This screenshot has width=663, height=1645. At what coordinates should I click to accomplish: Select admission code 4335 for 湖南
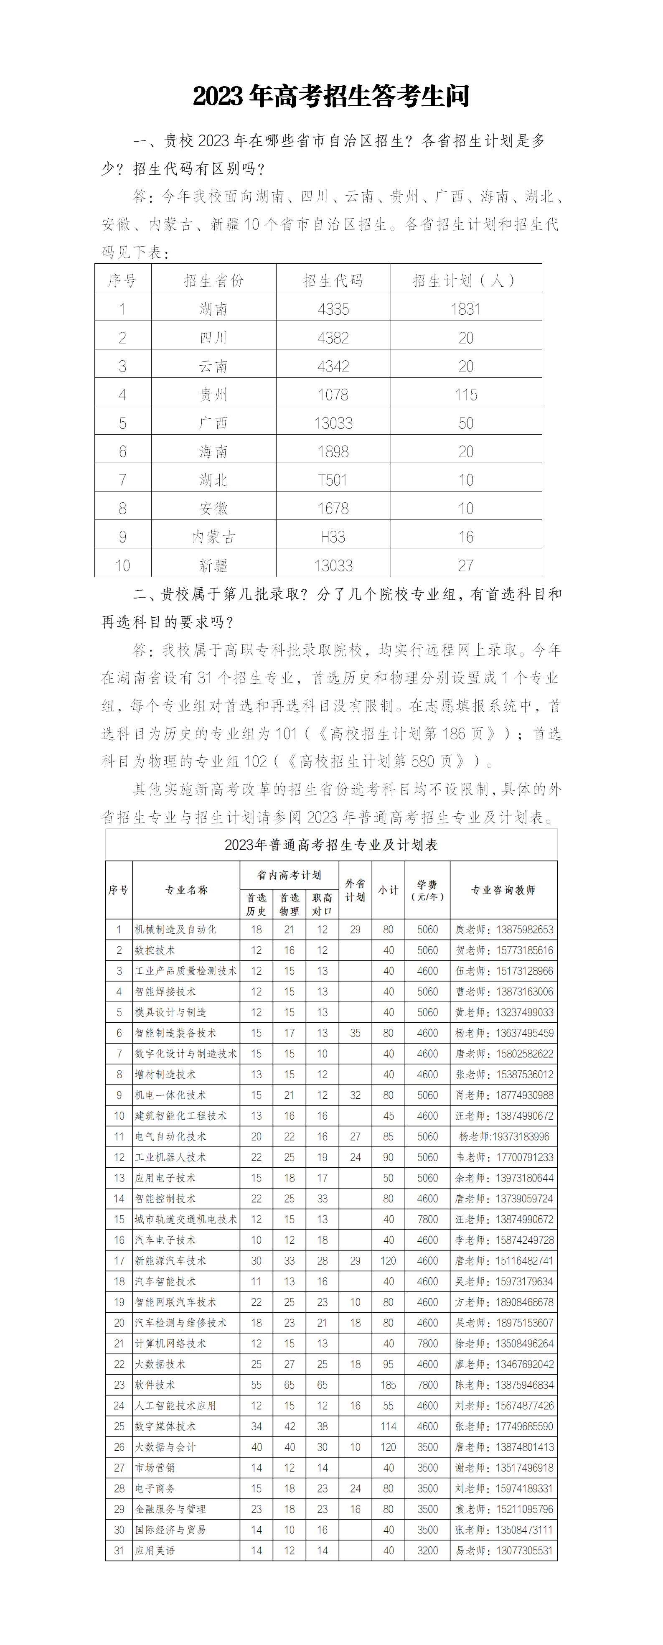pyautogui.click(x=333, y=309)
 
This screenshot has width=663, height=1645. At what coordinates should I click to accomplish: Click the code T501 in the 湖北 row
pyautogui.click(x=333, y=479)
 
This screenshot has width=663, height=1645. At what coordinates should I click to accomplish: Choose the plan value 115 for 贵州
pyautogui.click(x=466, y=395)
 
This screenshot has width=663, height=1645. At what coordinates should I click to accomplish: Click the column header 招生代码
pyautogui.click(x=333, y=280)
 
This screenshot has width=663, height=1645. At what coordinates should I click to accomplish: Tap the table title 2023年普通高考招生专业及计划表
pyautogui.click(x=331, y=845)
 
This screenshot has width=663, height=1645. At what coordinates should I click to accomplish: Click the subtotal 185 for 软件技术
pyautogui.click(x=388, y=1385)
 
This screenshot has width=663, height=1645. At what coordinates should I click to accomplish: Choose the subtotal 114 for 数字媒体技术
pyautogui.click(x=388, y=1426)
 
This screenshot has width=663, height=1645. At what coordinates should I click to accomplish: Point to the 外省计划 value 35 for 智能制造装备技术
pyautogui.click(x=356, y=1033)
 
